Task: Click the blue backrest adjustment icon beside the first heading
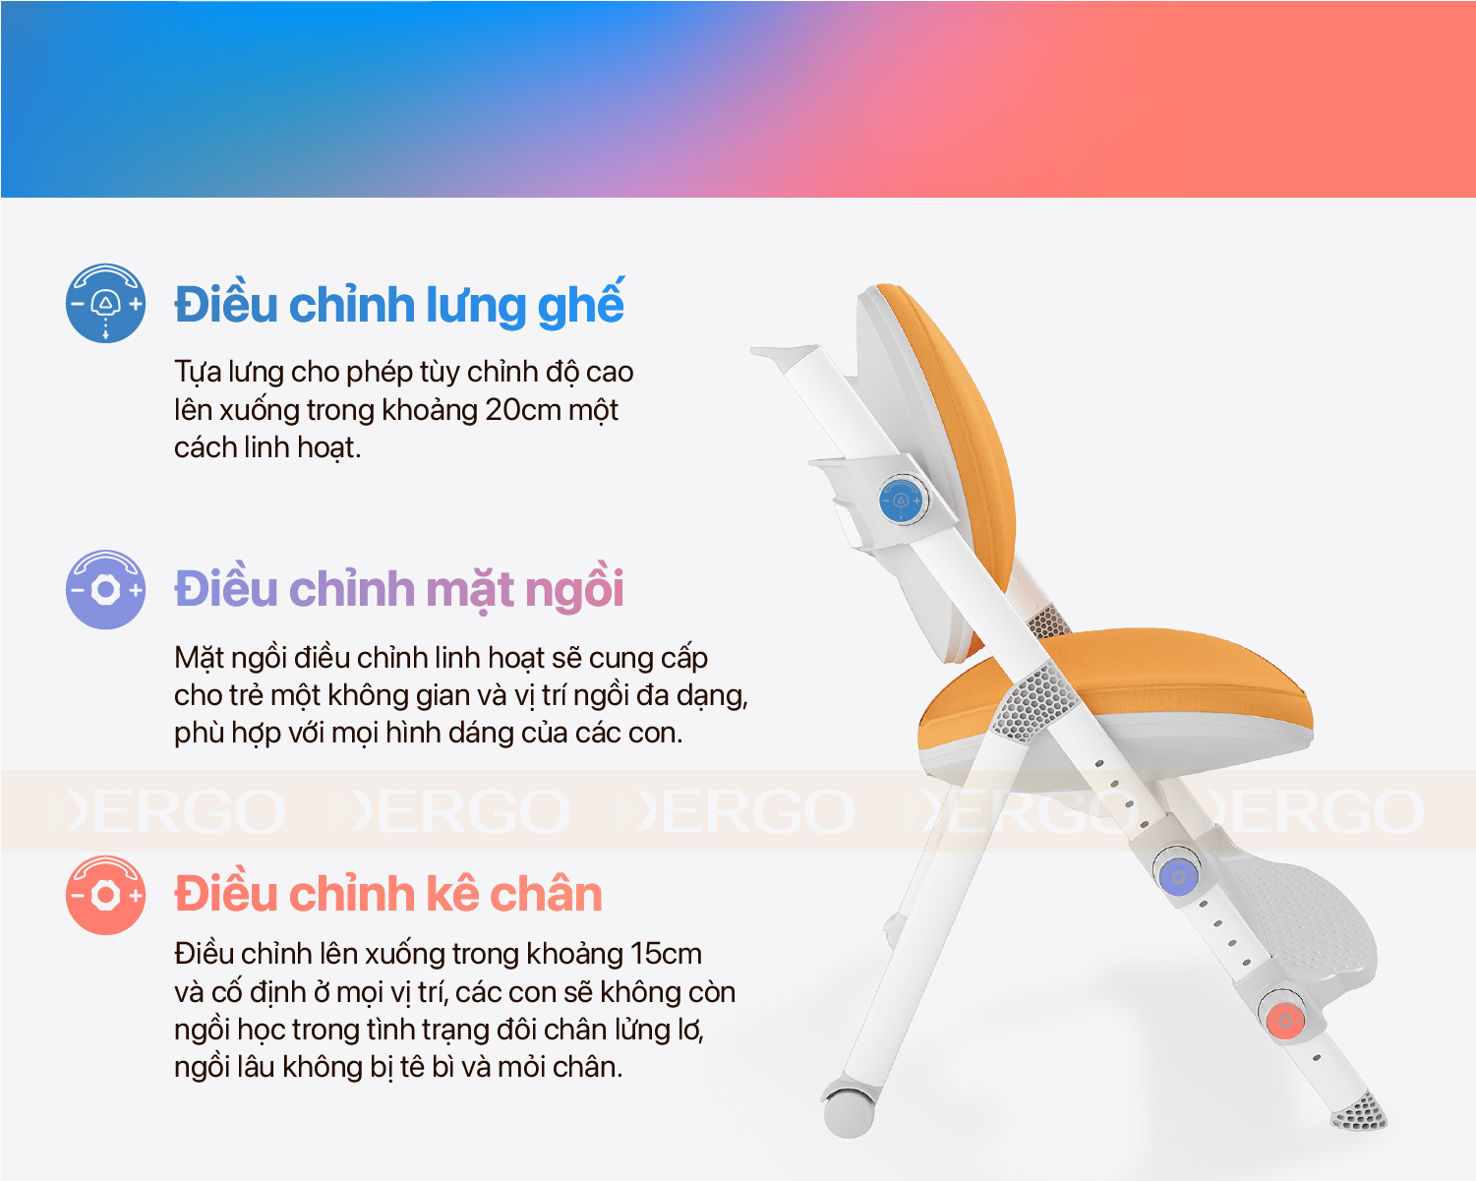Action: pyautogui.click(x=105, y=303)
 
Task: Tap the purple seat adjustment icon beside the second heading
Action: pyautogui.click(x=105, y=589)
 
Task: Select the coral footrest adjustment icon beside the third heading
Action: pyautogui.click(x=105, y=895)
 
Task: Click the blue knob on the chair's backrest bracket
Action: pyautogui.click(x=902, y=500)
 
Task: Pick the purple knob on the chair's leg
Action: pyautogui.click(x=1178, y=876)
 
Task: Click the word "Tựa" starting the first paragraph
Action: pyautogui.click(x=198, y=372)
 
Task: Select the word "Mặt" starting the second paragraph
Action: pyautogui.click(x=200, y=658)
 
